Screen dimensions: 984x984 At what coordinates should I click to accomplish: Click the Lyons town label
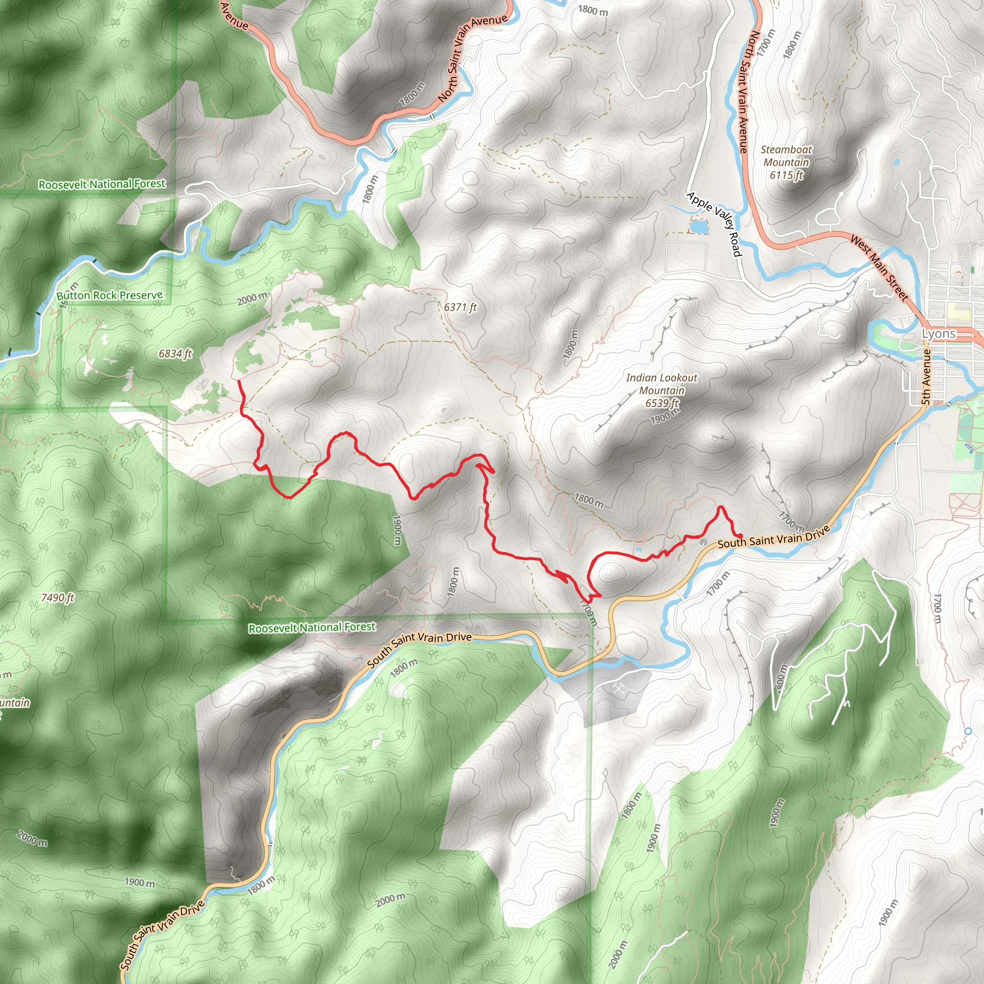click(939, 334)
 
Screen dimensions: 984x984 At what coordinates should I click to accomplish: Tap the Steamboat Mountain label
click(787, 156)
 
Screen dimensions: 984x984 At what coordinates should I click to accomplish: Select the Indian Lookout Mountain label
click(662, 384)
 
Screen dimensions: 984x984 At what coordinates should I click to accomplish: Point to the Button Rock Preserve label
click(110, 295)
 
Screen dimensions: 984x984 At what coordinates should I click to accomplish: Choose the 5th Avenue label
click(926, 377)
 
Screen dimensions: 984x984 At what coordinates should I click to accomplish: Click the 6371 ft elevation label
click(460, 307)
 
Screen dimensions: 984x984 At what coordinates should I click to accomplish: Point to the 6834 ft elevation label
click(175, 354)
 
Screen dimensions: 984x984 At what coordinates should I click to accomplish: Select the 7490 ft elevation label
click(58, 597)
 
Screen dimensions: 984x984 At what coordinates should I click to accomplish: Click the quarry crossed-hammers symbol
click(618, 689)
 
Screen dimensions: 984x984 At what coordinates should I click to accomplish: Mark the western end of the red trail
click(239, 381)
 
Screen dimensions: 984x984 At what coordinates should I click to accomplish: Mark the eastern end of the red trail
click(740, 535)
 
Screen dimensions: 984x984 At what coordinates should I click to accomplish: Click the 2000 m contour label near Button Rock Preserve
click(252, 298)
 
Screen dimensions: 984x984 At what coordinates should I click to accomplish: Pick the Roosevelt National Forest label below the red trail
click(312, 627)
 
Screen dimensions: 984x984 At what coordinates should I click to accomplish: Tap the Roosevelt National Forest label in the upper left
click(102, 184)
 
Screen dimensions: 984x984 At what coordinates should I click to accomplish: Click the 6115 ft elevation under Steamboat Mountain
click(787, 175)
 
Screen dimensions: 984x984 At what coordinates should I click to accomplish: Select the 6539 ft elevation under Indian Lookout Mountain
click(662, 404)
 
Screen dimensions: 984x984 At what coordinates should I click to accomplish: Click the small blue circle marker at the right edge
click(968, 731)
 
